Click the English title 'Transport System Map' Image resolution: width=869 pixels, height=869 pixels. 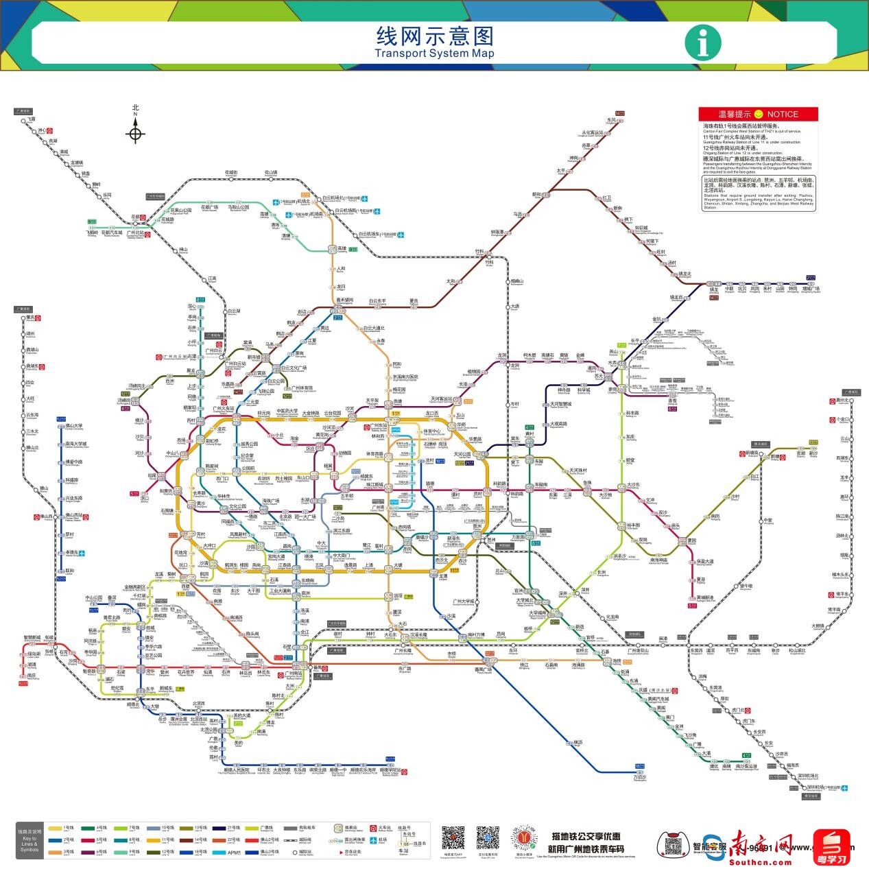click(x=434, y=53)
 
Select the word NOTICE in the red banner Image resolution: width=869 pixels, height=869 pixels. click(x=783, y=115)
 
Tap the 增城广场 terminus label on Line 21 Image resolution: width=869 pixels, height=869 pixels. click(x=811, y=289)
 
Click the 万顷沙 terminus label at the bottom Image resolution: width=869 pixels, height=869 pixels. click(x=639, y=777)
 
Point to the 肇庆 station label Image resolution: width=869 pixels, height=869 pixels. click(x=29, y=318)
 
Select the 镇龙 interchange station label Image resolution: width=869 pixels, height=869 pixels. click(x=714, y=289)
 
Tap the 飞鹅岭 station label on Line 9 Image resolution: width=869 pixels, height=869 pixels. click(x=92, y=233)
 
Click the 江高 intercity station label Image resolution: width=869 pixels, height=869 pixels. click(x=212, y=278)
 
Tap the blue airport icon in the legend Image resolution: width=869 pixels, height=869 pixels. click(x=372, y=840)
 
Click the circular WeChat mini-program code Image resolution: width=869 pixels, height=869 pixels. click(x=525, y=837)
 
